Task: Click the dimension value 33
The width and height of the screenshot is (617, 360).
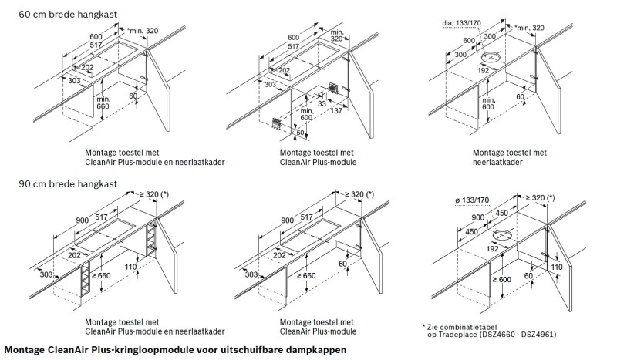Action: click(x=322, y=103)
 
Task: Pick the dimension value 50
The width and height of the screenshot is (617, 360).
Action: click(x=300, y=133)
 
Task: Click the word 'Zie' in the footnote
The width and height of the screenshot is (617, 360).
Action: click(x=434, y=327)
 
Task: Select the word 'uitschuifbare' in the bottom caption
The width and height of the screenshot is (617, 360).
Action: click(x=255, y=350)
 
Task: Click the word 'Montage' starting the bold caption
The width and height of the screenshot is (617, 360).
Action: click(x=25, y=350)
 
